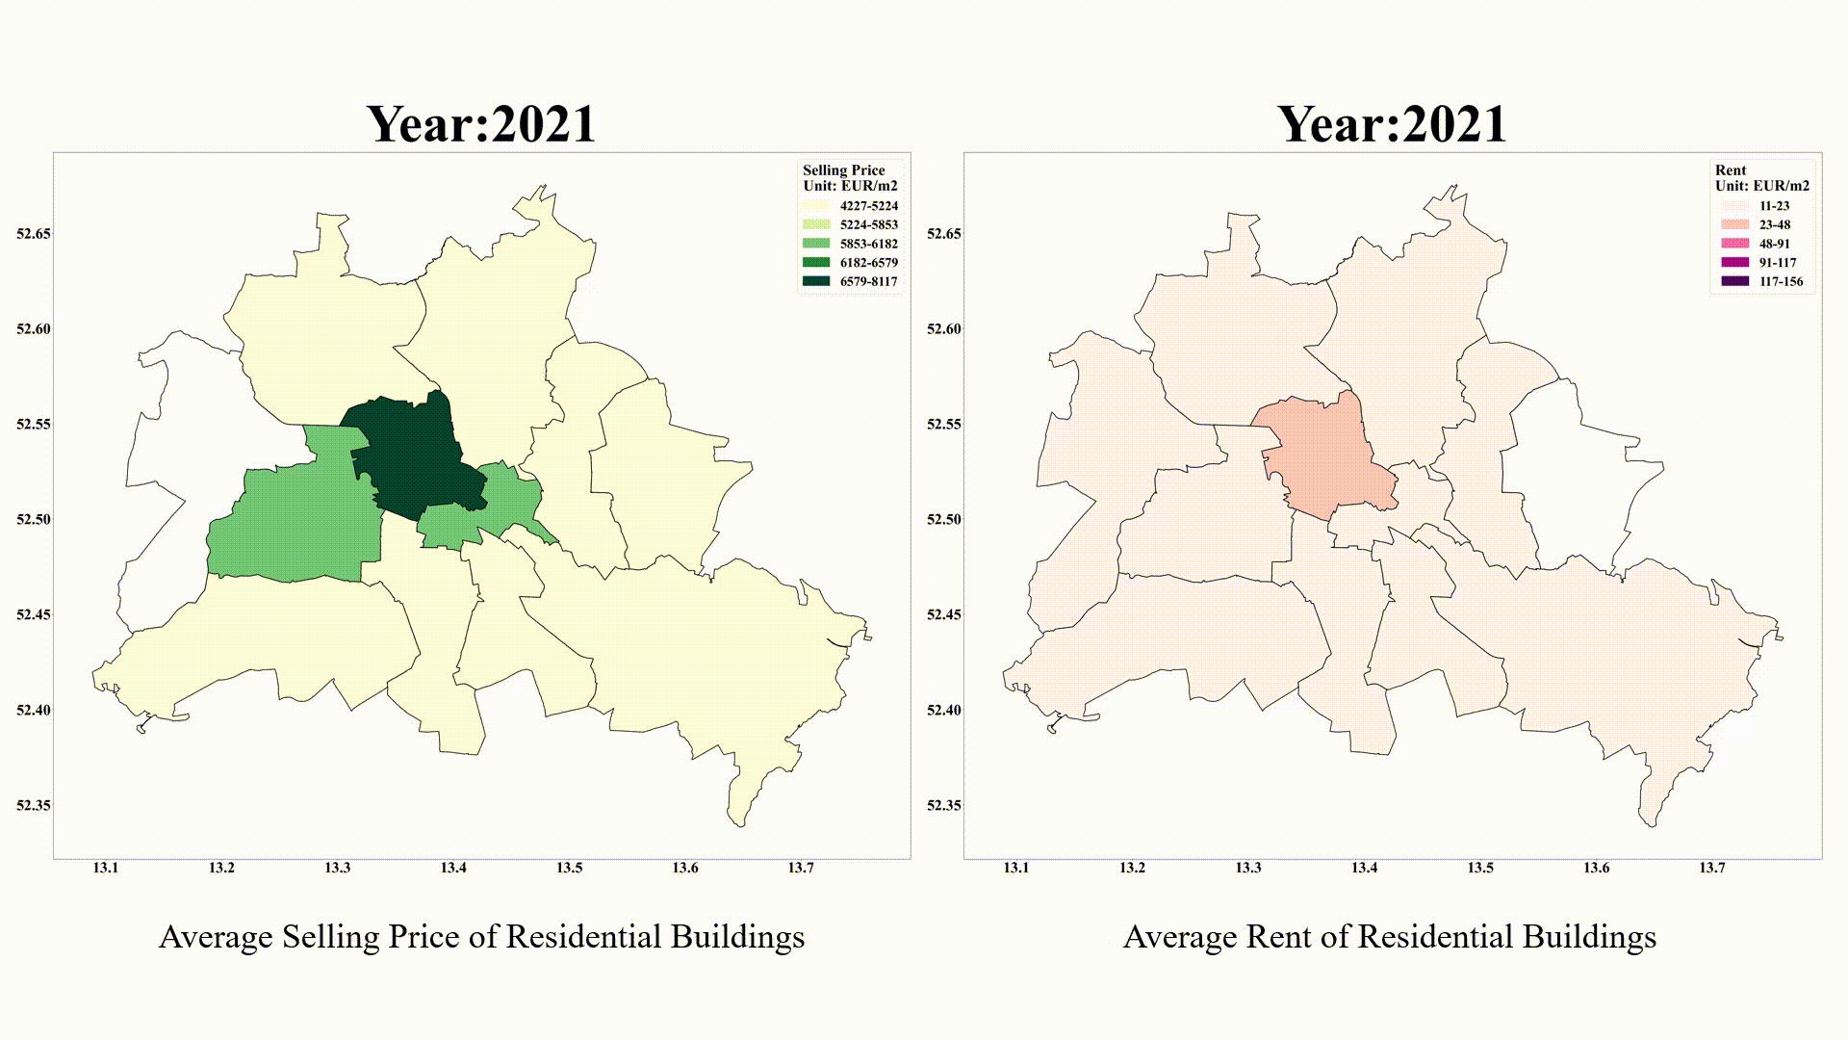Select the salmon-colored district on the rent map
tap(1323, 462)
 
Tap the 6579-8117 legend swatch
tap(816, 281)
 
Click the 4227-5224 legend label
tap(868, 206)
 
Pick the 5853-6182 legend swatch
tap(816, 244)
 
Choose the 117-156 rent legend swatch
tap(1734, 281)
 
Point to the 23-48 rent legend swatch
tap(1734, 224)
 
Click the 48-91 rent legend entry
tap(1774, 244)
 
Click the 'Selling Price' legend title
tap(843, 170)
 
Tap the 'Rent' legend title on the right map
tap(1731, 170)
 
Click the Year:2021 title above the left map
tap(481, 125)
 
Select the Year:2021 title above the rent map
tap(1392, 125)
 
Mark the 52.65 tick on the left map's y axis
tap(34, 234)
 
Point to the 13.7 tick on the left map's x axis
tap(801, 868)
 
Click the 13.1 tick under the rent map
tap(1016, 868)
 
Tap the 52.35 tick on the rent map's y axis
tap(944, 805)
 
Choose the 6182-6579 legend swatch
tap(816, 262)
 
